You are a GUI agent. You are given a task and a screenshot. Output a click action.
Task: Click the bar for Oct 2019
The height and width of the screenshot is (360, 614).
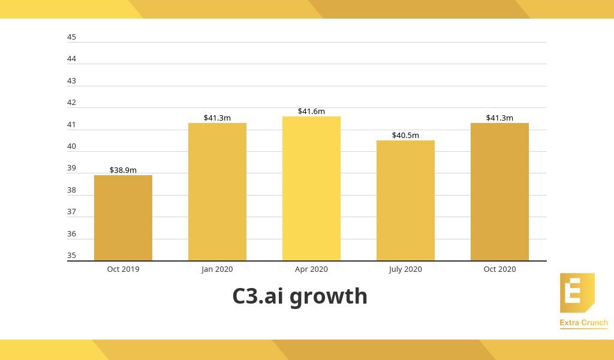(123, 218)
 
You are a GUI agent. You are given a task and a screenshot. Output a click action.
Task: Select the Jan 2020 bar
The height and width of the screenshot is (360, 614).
(217, 192)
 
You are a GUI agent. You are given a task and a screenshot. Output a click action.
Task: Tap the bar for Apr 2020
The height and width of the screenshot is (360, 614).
(311, 188)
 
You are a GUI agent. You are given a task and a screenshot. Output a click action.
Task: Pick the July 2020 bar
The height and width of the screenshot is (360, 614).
(405, 200)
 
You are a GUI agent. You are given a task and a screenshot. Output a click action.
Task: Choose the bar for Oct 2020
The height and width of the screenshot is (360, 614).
(499, 192)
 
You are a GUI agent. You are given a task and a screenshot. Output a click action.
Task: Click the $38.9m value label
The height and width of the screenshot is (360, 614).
(123, 170)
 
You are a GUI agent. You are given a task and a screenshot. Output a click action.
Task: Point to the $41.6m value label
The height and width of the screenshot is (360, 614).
(311, 111)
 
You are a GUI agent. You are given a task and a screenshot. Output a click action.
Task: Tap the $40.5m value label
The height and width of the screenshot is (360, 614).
(405, 135)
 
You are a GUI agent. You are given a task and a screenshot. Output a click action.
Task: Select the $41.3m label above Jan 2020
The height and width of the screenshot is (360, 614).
(217, 118)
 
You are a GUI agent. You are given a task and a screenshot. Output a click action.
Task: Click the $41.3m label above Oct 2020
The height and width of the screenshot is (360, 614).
(499, 118)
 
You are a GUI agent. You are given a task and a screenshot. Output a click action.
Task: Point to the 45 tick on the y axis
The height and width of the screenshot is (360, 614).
(72, 37)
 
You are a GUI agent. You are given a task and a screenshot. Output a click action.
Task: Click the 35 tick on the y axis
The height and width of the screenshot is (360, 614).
(72, 255)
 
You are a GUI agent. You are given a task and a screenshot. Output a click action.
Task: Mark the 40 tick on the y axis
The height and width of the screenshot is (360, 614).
(72, 146)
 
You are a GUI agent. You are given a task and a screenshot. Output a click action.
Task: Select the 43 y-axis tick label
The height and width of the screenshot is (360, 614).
(72, 80)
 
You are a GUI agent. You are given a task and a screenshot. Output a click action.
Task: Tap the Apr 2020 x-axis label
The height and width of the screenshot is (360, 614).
(311, 269)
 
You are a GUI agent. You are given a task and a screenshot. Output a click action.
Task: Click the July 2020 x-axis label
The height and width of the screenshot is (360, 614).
(405, 269)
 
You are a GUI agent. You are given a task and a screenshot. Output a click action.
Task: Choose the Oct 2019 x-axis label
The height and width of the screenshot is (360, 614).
(123, 269)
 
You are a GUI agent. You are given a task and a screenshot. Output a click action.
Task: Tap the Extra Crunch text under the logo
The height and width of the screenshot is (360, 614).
(583, 323)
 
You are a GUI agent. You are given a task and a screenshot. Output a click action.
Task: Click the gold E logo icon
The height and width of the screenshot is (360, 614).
(577, 293)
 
